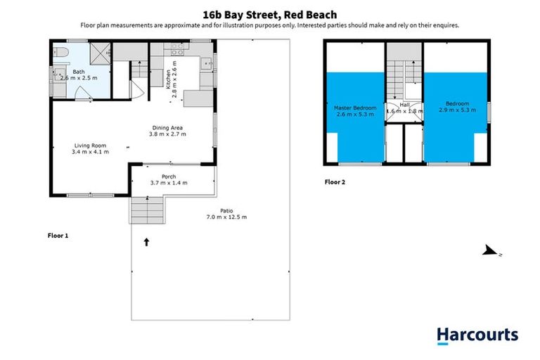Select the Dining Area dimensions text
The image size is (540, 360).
[x=166, y=134]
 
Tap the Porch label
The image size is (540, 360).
[x=169, y=176]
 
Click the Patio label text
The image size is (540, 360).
[x=226, y=210]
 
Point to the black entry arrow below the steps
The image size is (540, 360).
[x=147, y=243]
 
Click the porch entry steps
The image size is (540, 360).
[x=147, y=209]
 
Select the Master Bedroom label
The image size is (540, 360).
[x=356, y=108]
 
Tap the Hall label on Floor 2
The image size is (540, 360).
[x=404, y=105]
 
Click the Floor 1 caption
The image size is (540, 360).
[x=58, y=236]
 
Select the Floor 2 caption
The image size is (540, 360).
[x=335, y=181]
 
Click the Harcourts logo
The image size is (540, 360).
[x=477, y=336]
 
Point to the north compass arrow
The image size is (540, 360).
[x=491, y=252]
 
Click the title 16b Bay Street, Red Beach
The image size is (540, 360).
[x=269, y=14]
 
